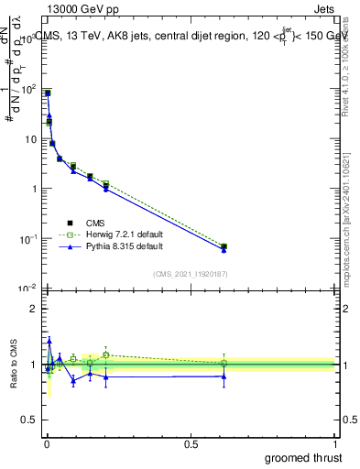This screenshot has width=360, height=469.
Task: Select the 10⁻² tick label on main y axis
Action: pos(28,289)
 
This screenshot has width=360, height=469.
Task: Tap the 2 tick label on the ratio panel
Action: pos(34,309)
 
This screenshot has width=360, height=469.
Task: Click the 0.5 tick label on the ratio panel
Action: pos(30,420)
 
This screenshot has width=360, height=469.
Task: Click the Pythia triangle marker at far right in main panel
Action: pos(224,250)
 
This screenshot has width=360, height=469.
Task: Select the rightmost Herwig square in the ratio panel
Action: pos(224,363)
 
